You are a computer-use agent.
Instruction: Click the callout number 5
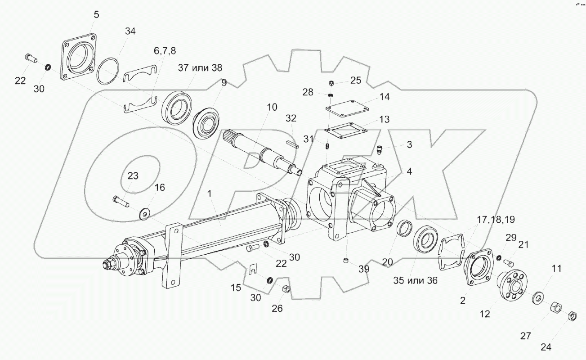click(96, 14)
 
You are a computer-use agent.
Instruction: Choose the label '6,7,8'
click(166, 51)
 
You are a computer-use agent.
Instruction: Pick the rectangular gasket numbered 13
click(345, 131)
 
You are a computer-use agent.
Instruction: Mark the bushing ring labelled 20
click(405, 228)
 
